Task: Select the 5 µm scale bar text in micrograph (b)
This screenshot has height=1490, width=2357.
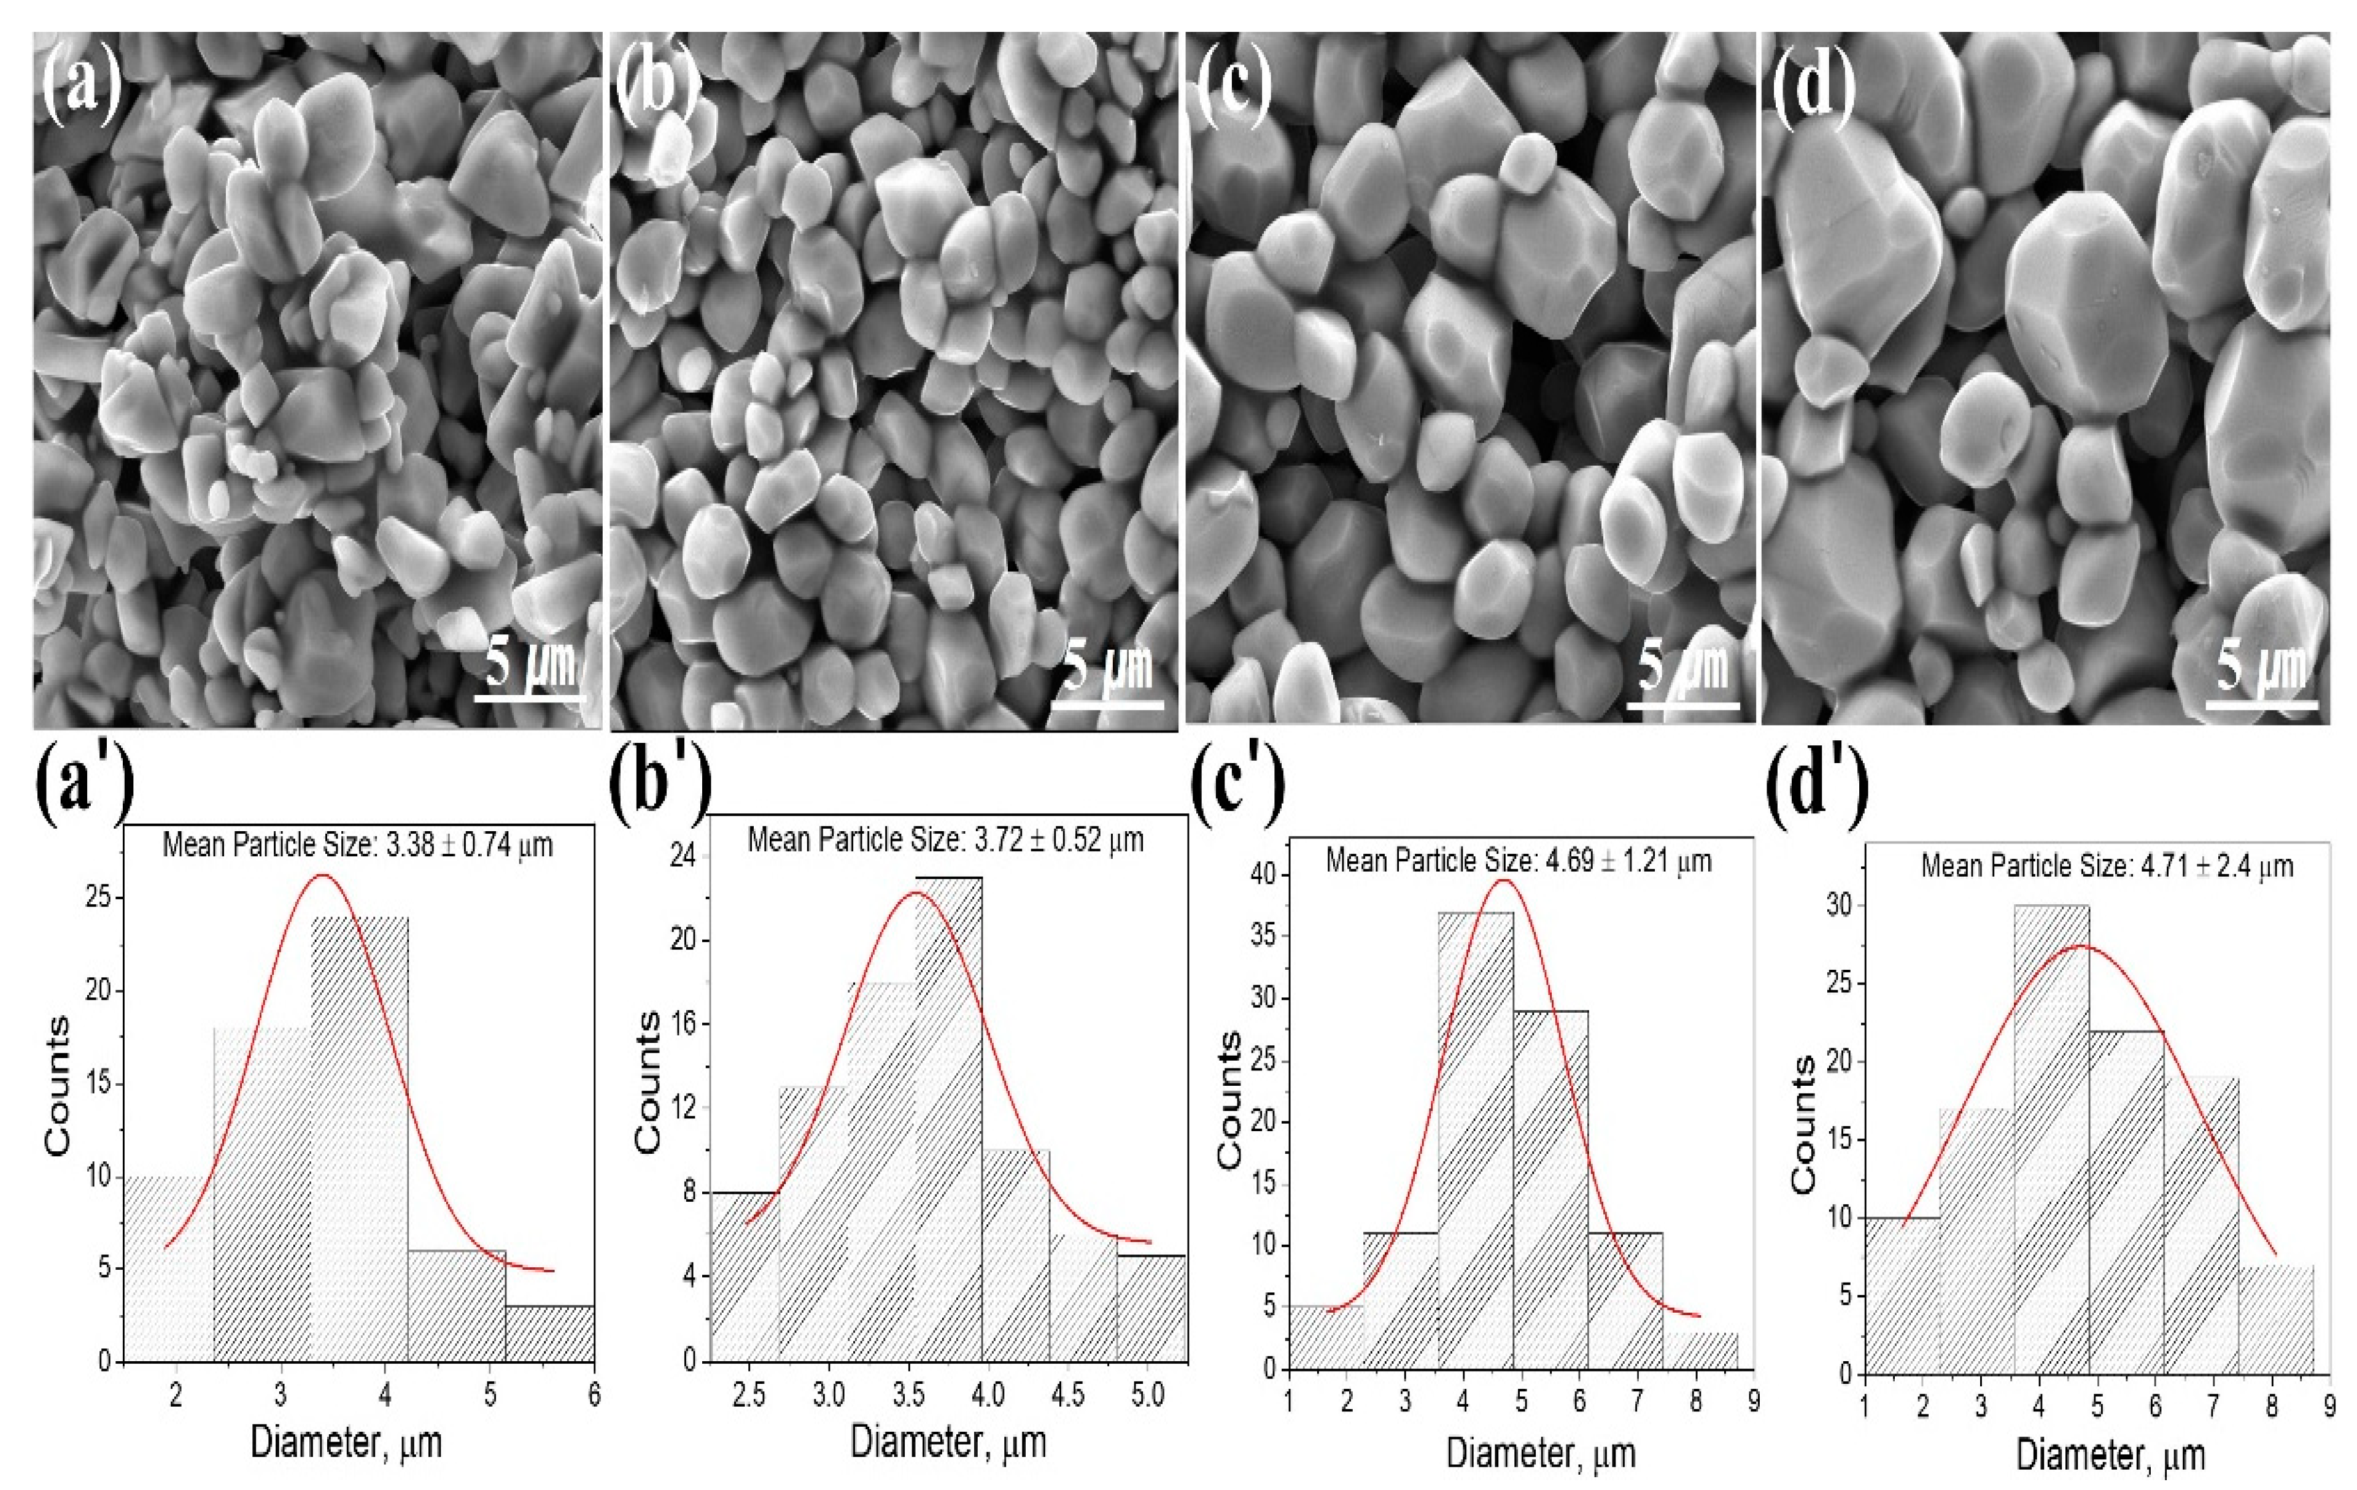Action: [x=1108, y=666]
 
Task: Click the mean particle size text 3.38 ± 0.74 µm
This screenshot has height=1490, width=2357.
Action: [x=357, y=844]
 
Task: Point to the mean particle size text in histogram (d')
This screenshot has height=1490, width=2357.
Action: [x=2107, y=866]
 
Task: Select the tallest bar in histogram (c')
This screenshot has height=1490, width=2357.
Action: [x=1475, y=1140]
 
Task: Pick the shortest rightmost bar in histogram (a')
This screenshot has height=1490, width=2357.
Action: [x=549, y=1332]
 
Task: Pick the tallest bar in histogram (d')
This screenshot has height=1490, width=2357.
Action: [x=2051, y=1140]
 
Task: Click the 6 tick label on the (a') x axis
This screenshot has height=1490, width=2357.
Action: [x=593, y=1395]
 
